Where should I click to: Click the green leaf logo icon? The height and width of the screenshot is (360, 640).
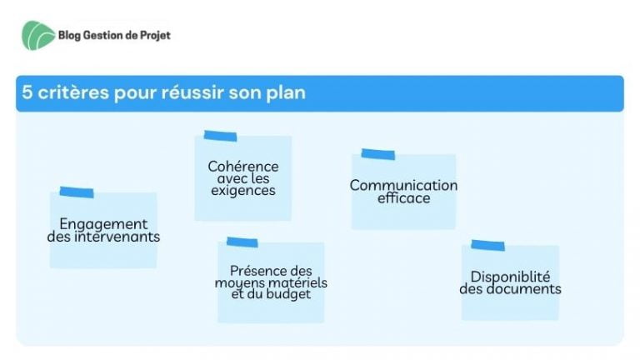38,36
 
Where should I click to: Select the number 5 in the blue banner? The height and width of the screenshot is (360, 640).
27,92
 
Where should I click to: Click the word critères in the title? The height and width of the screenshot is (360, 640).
73,92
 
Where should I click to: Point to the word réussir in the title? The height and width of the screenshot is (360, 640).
192,92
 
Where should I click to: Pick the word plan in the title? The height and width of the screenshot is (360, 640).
286,93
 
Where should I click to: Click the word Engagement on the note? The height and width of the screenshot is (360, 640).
103,224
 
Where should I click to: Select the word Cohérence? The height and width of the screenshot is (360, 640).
243,167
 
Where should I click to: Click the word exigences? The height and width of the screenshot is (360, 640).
243,191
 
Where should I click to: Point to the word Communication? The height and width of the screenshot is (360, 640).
403,185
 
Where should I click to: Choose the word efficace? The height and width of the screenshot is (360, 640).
403,198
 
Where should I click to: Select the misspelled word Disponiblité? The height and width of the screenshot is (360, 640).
510,277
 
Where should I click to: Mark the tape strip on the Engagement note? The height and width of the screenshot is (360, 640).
77,192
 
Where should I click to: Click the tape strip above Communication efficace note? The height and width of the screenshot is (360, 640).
378,154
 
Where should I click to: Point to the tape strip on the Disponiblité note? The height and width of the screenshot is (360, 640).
487,245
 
